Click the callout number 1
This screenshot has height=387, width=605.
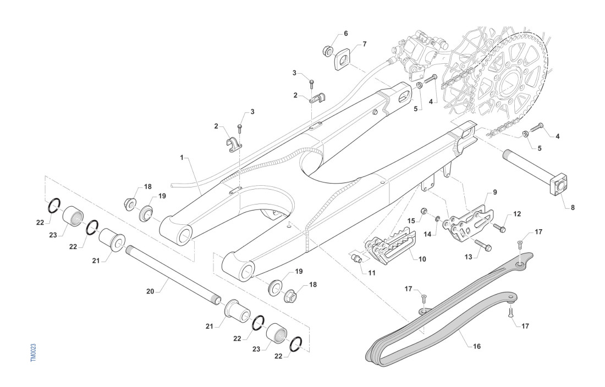(182, 157)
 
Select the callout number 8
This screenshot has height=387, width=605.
(573, 208)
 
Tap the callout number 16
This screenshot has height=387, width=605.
(477, 347)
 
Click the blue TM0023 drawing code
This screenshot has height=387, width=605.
(34, 352)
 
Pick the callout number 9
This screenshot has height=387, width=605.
(495, 192)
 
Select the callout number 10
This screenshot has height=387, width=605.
(422, 258)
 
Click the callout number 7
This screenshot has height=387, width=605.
(364, 43)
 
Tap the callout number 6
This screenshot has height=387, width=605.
(345, 34)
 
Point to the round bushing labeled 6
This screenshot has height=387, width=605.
(328, 51)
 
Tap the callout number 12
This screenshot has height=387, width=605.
(517, 213)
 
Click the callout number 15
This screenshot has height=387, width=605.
(411, 220)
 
